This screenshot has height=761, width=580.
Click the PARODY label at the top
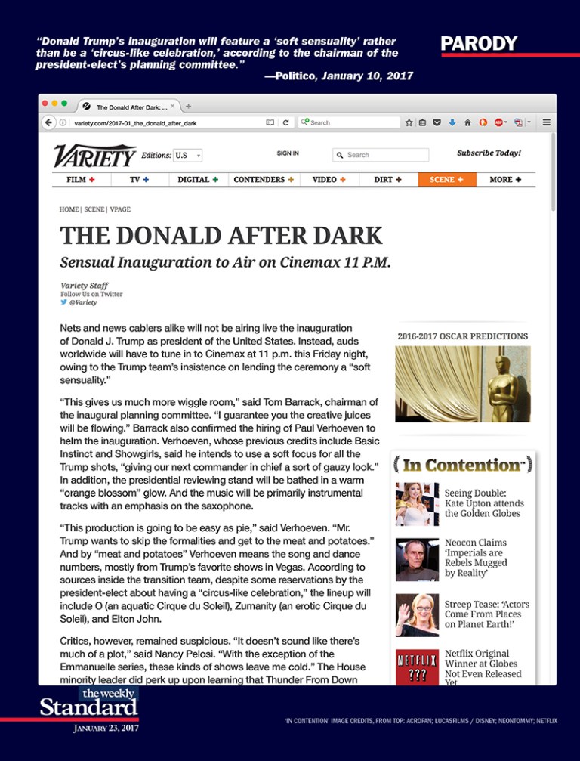click(479, 44)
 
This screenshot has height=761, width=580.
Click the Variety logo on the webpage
click(94, 156)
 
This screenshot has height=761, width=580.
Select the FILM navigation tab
click(81, 180)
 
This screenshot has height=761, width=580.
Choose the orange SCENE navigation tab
click(446, 180)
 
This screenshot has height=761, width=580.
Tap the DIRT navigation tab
click(387, 180)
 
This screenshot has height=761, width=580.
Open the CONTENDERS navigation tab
click(264, 180)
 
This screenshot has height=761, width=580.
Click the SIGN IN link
click(288, 153)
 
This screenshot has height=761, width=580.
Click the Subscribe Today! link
click(489, 153)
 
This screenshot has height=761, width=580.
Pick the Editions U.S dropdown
click(187, 156)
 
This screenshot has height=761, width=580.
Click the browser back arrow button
click(49, 122)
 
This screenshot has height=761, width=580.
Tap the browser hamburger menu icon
click(546, 122)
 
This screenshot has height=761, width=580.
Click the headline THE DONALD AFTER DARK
click(221, 236)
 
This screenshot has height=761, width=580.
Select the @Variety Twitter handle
click(82, 302)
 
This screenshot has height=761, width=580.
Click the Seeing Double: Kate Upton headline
click(483, 503)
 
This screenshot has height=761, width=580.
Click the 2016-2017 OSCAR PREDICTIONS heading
click(462, 336)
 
